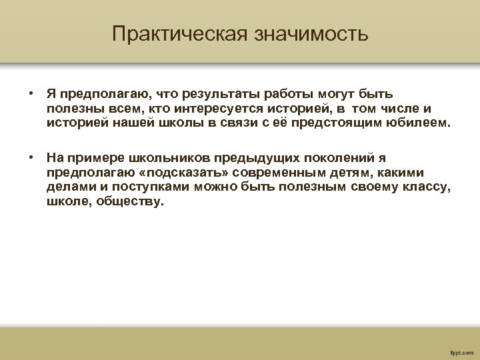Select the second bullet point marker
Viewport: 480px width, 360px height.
[31, 158]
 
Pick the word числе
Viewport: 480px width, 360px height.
[396, 109]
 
